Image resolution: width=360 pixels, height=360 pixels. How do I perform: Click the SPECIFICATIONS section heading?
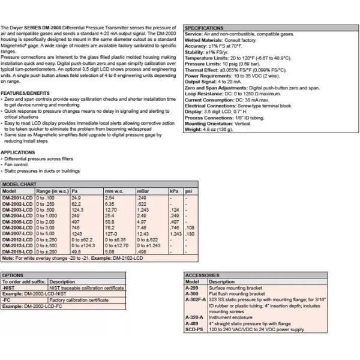pos(204,28)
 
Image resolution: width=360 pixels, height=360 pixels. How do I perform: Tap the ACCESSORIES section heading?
pos(203,275)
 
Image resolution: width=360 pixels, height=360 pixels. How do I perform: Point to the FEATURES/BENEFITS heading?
pos(25,94)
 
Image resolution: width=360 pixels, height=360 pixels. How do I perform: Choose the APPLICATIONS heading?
pos(17,152)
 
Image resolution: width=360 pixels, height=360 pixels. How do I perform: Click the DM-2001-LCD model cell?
pos(17,197)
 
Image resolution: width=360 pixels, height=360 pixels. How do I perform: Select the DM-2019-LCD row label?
pos(17,252)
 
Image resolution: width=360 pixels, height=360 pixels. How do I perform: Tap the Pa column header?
pos(76,190)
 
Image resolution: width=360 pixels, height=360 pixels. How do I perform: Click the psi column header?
pos(188,190)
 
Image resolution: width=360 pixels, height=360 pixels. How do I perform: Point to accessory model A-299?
pos(192,287)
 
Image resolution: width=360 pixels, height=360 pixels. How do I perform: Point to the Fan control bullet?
pos(19,164)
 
